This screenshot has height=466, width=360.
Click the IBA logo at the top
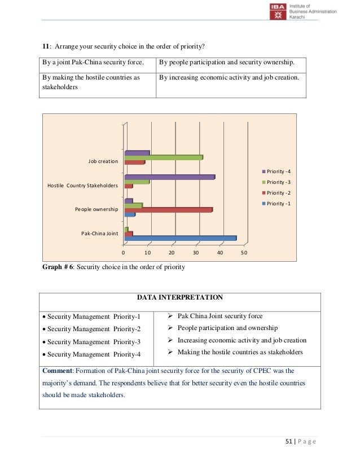point(278,12)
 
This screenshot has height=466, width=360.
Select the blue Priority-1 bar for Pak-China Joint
point(180,238)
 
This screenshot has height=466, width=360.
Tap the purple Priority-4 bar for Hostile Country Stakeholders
point(169,177)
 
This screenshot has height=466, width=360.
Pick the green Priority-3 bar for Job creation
point(163,157)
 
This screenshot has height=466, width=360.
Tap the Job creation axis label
point(103,162)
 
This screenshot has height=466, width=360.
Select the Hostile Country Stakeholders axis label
point(82,186)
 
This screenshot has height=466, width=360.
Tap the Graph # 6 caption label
point(62,267)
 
